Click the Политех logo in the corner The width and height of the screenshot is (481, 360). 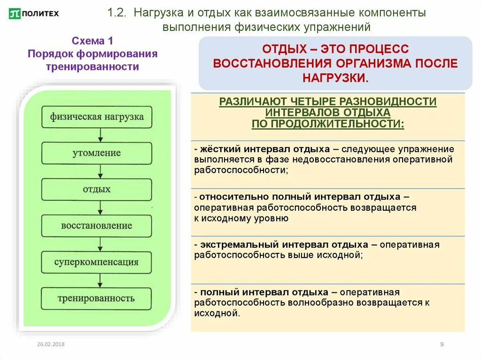click(34, 13)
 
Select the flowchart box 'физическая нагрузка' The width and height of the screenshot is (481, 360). click(97, 116)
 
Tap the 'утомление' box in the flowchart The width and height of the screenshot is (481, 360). click(97, 153)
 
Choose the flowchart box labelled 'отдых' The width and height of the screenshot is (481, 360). click(97, 189)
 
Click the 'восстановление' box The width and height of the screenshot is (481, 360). click(97, 226)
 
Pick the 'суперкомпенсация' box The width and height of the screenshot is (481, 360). click(97, 262)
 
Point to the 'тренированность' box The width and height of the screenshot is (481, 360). click(97, 299)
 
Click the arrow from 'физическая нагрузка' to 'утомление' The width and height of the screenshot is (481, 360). click(100, 135)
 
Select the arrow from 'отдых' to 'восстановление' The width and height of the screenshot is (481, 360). click(100, 207)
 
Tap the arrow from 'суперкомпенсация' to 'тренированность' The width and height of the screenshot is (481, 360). click(100, 280)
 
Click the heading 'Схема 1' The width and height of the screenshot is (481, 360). click(92, 41)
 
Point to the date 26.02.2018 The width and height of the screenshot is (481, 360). click(51, 345)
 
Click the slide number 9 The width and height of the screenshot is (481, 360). click(442, 345)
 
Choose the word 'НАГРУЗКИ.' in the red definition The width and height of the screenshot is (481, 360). click(335, 78)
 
